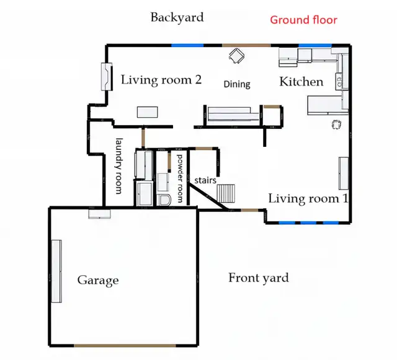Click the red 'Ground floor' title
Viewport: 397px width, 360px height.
click(x=303, y=20)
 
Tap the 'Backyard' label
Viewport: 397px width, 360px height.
click(x=177, y=17)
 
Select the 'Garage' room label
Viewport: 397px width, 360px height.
click(x=98, y=280)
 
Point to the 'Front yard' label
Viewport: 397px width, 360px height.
click(x=259, y=278)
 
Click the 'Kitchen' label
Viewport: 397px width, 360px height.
click(x=301, y=82)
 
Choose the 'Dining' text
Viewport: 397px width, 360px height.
click(x=237, y=84)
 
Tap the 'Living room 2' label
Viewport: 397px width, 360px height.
click(x=161, y=80)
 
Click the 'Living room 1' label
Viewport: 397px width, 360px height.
click(x=308, y=199)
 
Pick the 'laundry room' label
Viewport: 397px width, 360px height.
click(x=118, y=166)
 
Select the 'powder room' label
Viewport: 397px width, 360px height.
click(x=180, y=178)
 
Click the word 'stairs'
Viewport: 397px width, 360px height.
click(x=205, y=180)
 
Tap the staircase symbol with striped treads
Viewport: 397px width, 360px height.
click(x=226, y=193)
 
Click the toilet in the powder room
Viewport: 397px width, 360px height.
click(x=164, y=200)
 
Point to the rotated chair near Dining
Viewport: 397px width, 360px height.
click(x=237, y=56)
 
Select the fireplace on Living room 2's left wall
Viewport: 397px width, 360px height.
click(x=107, y=77)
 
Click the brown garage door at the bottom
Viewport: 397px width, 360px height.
click(x=125, y=346)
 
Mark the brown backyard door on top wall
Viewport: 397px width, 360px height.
click(x=246, y=45)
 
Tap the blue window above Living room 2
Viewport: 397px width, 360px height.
click(x=187, y=45)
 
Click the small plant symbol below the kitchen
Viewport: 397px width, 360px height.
click(x=336, y=124)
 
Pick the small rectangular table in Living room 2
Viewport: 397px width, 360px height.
click(x=148, y=112)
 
